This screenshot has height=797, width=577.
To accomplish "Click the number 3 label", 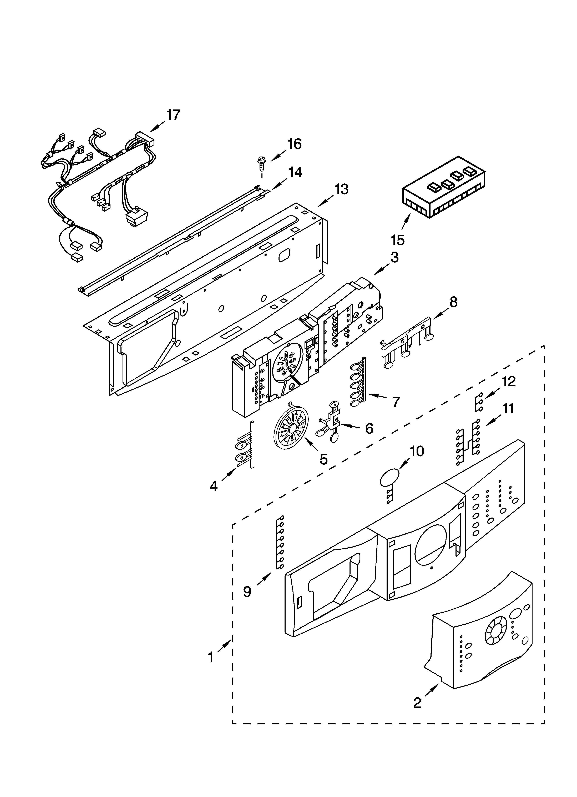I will (394, 258).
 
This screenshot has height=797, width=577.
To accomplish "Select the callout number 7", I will (396, 402).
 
